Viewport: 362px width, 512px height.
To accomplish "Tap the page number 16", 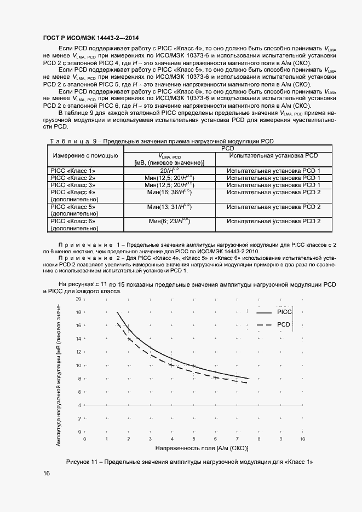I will [47, 474].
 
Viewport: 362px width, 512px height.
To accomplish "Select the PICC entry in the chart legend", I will [284, 311].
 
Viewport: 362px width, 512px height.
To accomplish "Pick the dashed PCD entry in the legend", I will [283, 325].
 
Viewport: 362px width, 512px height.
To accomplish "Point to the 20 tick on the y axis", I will [78, 299].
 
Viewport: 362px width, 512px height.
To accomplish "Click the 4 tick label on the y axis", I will [79, 405].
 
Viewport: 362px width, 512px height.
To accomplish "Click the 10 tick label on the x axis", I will [302, 439].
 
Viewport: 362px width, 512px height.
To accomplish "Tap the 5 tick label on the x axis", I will [193, 439].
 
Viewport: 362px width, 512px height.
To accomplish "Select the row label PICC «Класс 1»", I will [72, 171].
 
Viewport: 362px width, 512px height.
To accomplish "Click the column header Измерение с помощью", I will [85, 156].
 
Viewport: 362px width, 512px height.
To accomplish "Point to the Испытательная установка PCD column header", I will [273, 155].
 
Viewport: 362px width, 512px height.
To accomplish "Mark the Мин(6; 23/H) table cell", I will [169, 220].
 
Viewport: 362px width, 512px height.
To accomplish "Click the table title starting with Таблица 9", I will [161, 141].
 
